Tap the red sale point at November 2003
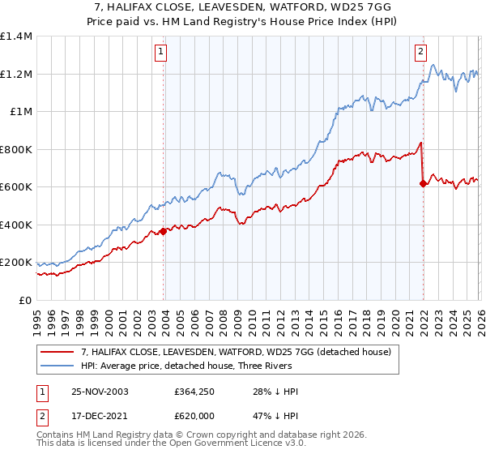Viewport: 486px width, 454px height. (x=164, y=231)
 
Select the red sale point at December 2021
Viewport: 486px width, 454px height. (x=423, y=183)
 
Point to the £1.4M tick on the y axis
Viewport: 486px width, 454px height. (x=16, y=36)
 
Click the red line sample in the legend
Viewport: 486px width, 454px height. (x=57, y=352)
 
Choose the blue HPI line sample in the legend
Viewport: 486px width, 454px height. (x=57, y=366)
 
